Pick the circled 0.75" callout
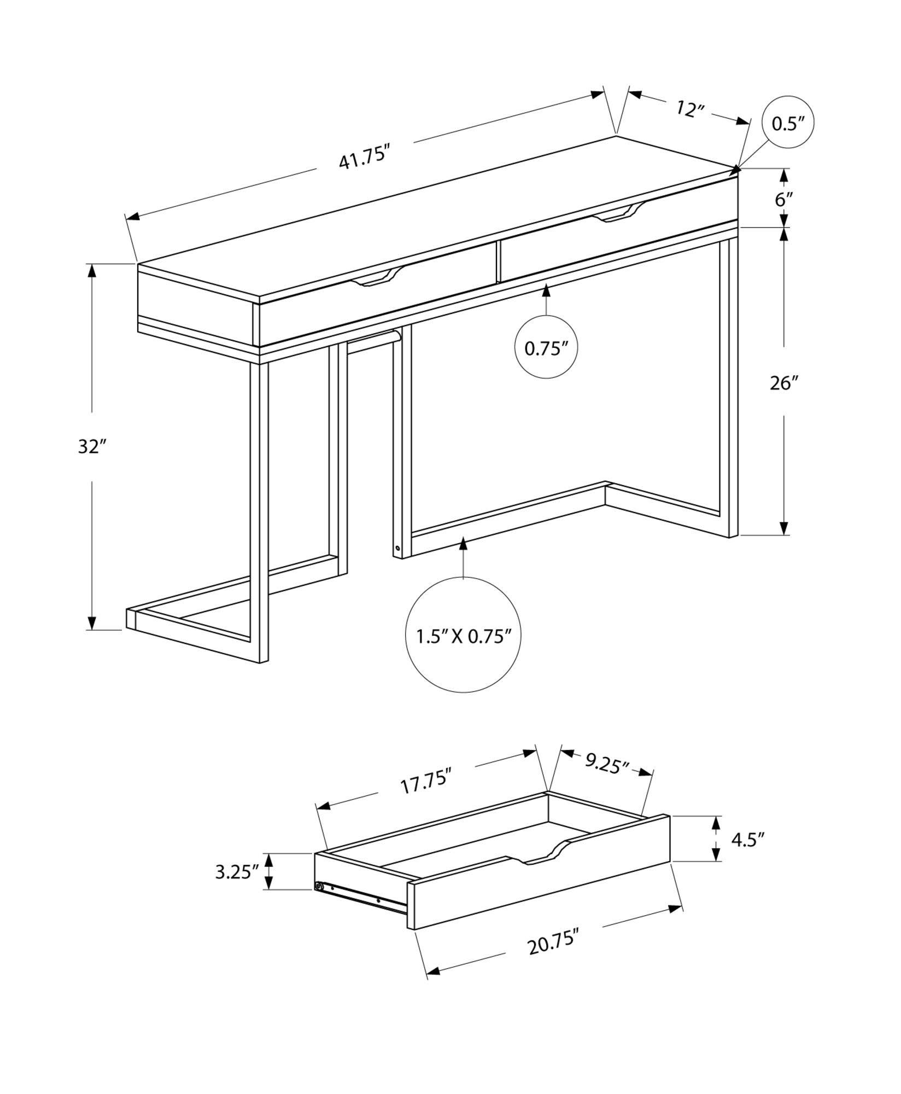(x=546, y=348)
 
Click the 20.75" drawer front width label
(x=553, y=944)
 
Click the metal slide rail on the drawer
(x=361, y=899)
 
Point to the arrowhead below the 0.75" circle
(x=546, y=290)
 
